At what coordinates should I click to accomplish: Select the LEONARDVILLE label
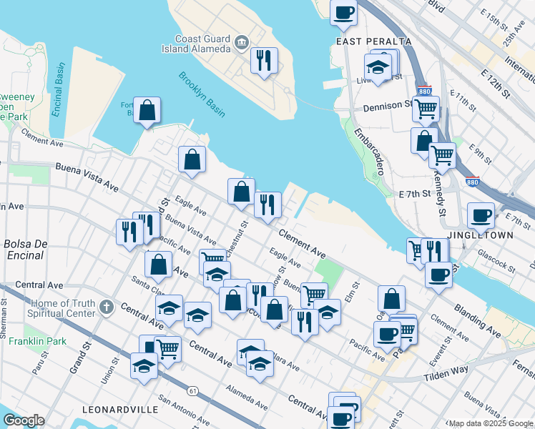pyautogui.click(x=120, y=410)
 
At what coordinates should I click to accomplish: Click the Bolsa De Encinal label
pyautogui.click(x=25, y=250)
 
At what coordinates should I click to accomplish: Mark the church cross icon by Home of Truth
pyautogui.click(x=107, y=307)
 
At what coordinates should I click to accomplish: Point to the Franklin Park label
pyautogui.click(x=37, y=341)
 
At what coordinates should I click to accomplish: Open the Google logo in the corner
pyautogui.click(x=24, y=420)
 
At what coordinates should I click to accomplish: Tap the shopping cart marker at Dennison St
pyautogui.click(x=426, y=109)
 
